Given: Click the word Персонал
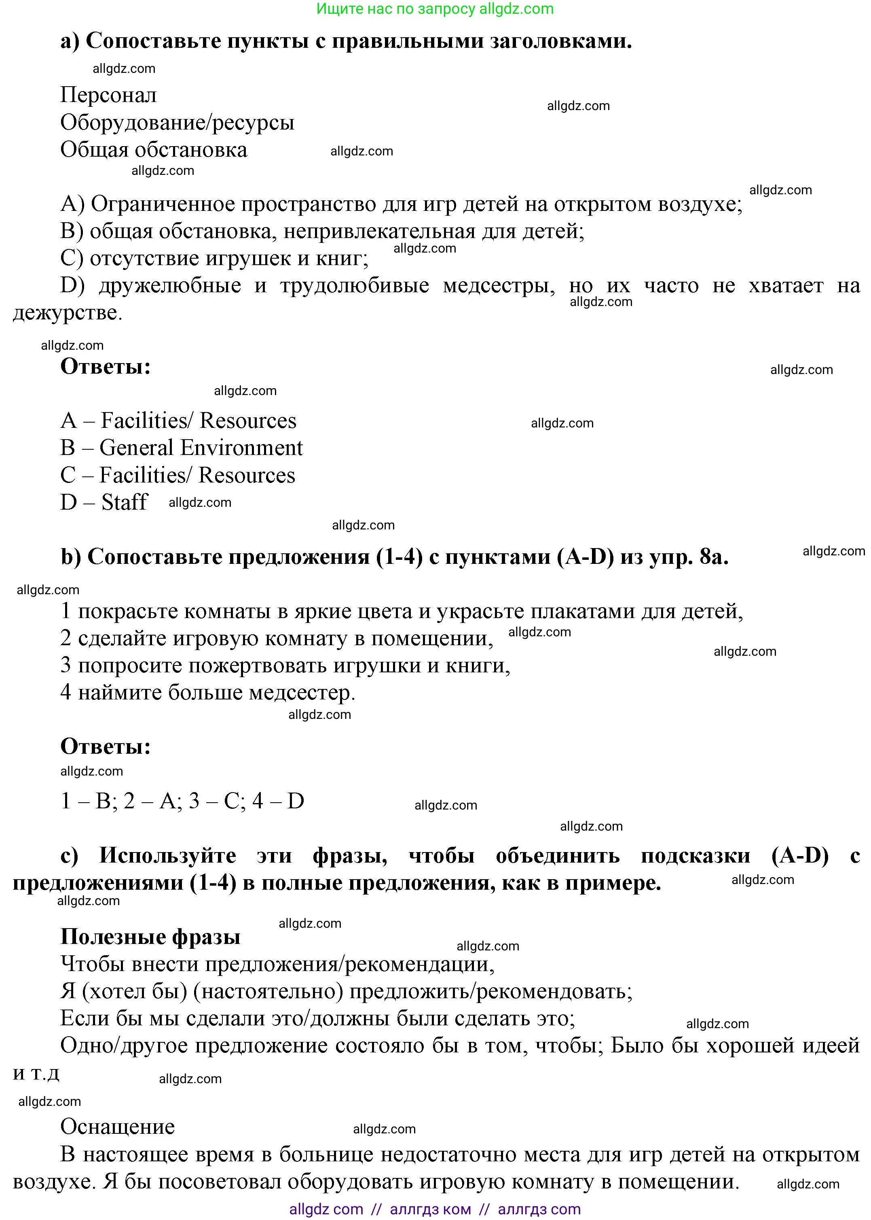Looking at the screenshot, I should coord(108,95).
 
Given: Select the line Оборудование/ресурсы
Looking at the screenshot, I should coord(177,122).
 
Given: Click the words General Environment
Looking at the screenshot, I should coord(201,448).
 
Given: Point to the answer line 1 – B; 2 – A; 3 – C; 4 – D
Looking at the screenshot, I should coord(182,801).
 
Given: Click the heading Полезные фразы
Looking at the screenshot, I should coord(150,937).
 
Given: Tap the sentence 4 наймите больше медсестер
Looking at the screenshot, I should coord(208,693).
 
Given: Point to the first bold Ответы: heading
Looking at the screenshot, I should coord(106,367).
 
